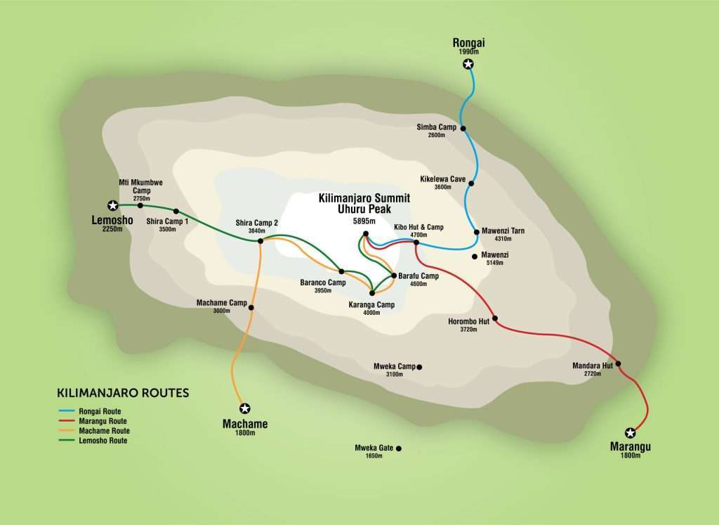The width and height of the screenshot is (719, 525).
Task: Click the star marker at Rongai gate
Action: [469, 65]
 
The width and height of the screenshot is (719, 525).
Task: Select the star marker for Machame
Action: [244, 408]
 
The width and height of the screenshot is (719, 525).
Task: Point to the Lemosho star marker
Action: [112, 205]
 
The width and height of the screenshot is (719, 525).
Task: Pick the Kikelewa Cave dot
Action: [471, 183]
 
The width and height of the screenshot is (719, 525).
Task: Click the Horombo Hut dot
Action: [495, 318]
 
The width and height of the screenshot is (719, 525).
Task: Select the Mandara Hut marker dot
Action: [619, 363]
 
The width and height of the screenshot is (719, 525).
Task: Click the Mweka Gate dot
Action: [398, 448]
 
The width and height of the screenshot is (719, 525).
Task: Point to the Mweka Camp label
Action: [395, 367]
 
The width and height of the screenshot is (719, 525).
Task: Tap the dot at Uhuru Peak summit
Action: [366, 234]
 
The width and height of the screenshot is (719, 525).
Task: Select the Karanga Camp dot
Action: [371, 293]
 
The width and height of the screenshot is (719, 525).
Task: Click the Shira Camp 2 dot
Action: [260, 241]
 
